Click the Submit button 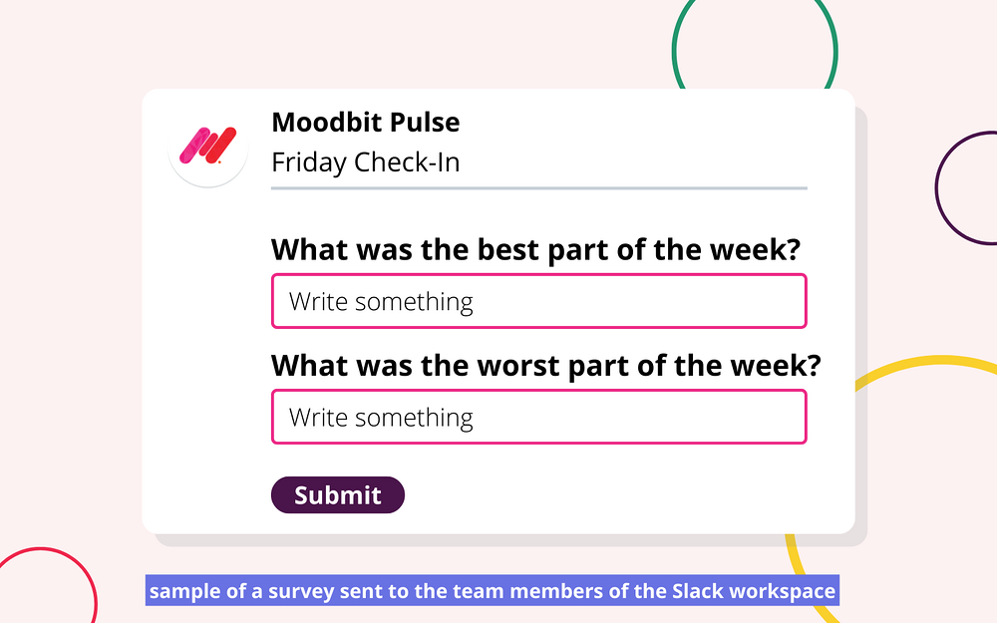click(338, 494)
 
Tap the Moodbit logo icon click(208, 146)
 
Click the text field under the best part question click(539, 301)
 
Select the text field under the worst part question click(539, 417)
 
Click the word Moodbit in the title click(326, 122)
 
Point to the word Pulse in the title click(425, 122)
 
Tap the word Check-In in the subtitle click(407, 162)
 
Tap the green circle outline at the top click(673, 51)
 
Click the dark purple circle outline click(937, 188)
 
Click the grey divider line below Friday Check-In click(539, 188)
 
